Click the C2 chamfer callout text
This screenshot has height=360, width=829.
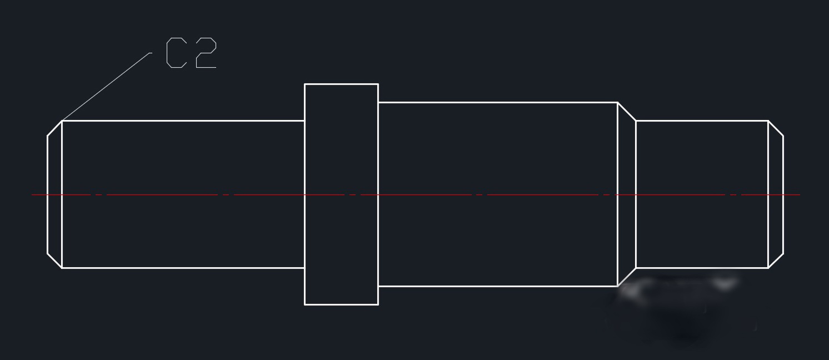[191, 53]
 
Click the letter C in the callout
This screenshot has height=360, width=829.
[176, 53]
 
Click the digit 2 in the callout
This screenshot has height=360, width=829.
[206, 53]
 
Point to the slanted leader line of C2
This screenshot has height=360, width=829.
[106, 87]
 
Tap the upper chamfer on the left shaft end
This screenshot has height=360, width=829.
[54, 128]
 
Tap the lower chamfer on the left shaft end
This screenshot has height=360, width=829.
[54, 261]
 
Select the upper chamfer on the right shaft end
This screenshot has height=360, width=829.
[776, 128]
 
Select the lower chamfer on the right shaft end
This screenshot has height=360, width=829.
[776, 261]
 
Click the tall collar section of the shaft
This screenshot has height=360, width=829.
[341, 194]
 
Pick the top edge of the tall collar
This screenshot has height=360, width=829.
[341, 84]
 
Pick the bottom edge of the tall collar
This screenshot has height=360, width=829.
[341, 304]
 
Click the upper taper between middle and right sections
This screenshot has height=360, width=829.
[627, 111]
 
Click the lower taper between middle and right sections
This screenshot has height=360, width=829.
[627, 277]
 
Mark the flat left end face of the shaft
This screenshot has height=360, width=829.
[48, 194]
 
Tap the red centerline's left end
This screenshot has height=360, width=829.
[33, 194]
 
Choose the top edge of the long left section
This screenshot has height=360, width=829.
[183, 121]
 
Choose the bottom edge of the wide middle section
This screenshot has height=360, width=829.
[497, 286]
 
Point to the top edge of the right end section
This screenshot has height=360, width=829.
[702, 121]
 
